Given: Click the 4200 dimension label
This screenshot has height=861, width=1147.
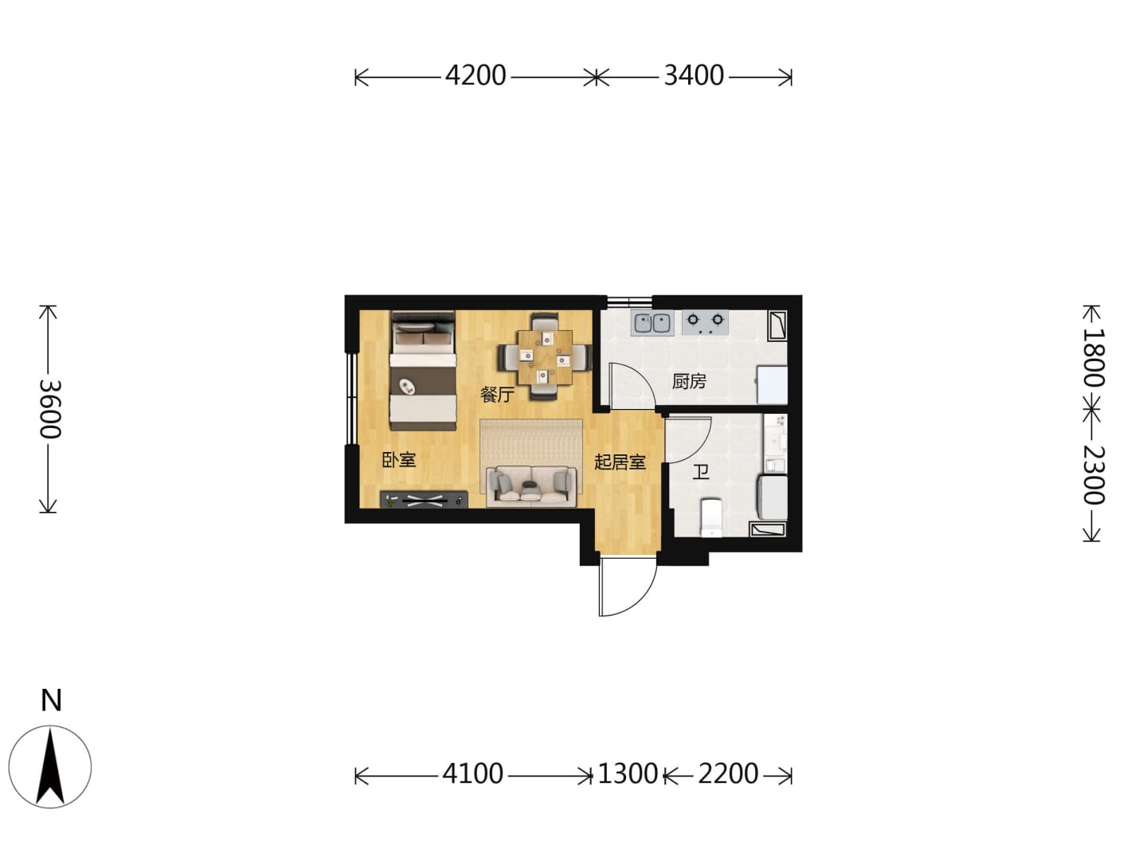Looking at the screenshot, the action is pos(475,76).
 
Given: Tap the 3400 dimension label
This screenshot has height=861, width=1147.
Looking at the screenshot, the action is pos(694,76).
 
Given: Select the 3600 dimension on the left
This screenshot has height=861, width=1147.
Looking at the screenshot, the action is pos(51,409).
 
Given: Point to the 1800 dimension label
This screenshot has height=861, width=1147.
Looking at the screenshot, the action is pos(1093,358).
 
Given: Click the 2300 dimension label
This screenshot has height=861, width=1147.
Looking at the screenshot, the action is pos(1093,474).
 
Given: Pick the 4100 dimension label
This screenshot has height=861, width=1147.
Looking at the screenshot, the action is pos(472,773).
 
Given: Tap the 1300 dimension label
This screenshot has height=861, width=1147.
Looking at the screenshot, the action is pos(627,773).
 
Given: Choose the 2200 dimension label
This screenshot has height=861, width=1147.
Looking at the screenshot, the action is pos(728,773).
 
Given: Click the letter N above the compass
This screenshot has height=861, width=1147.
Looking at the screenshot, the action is pos(51,700).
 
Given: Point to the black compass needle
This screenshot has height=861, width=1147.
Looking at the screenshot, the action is pos(50,766).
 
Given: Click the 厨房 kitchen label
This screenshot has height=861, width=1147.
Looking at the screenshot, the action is pos(689,382).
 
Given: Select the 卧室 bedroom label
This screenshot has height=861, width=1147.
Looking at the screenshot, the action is pos(399,460).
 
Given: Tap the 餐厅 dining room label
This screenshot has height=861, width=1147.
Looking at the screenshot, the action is pos(497,395).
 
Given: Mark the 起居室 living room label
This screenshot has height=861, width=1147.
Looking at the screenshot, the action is pos(620,462).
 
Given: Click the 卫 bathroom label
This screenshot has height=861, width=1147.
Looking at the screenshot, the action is pos(701,473).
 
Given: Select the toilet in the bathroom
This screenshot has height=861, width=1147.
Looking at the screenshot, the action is pos(711,517).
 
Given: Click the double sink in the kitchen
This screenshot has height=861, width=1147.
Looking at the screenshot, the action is pos(652,323).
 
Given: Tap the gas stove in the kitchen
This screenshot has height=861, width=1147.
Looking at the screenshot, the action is pos(705,323).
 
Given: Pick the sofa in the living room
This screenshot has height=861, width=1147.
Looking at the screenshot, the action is pos(531,486).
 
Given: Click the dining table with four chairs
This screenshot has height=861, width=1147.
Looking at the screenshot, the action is pos(545,357).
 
